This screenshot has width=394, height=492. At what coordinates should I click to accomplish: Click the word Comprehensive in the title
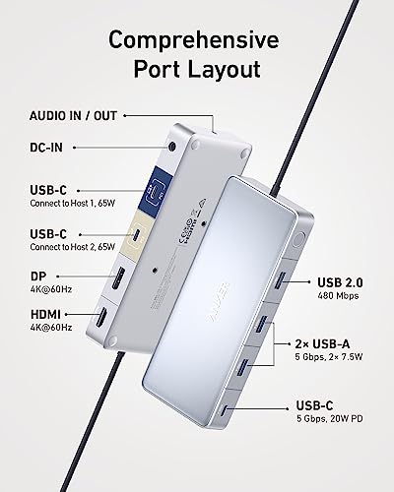pos(194,39)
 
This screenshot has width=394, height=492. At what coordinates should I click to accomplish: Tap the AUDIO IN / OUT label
pos(73,116)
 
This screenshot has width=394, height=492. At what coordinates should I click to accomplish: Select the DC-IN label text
pos(46,148)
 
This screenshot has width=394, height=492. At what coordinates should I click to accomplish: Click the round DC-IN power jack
pos(171,146)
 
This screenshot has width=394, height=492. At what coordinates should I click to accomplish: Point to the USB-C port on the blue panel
pos(156,191)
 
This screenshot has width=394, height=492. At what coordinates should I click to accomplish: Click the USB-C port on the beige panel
pos(137,237)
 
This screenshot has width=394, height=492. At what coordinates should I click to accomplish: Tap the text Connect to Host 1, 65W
pos(73,204)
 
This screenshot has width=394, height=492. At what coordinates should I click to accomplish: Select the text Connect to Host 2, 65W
pos(73,247)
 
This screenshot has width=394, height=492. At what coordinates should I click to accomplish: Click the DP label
pos(38,277)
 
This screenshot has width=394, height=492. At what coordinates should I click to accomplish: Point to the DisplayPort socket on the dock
pos(118,278)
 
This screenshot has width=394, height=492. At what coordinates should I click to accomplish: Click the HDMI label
pos(45,314)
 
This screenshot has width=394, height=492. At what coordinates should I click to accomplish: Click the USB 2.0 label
pos(340,282)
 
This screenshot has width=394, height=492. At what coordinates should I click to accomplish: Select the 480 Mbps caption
pos(338,296)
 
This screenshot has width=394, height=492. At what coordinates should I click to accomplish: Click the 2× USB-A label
pos(322,343)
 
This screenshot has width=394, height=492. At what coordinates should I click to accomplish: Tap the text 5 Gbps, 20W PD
pos(330,419)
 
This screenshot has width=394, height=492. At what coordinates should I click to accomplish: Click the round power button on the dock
pos(297,240)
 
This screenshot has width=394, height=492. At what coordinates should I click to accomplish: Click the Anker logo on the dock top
pos(218,301)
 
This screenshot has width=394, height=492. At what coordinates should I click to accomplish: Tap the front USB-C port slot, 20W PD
pos(225,409)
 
